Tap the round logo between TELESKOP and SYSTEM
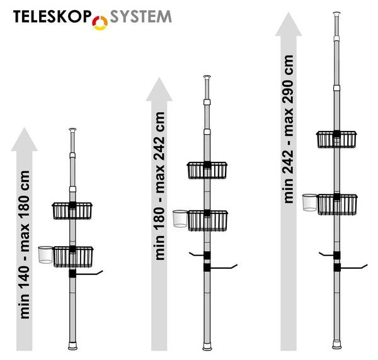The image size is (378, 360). (x=101, y=22)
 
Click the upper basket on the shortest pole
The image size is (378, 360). (x=72, y=211)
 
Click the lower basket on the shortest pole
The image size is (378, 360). (x=73, y=256)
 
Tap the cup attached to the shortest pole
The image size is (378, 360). (x=45, y=255)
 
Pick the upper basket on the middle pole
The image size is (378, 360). (x=207, y=170)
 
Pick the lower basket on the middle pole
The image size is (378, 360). (x=207, y=220)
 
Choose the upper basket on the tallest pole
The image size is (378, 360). (x=337, y=139)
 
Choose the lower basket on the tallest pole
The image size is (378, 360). (x=337, y=204)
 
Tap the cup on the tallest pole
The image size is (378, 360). (x=309, y=203)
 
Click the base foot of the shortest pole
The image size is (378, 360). (x=73, y=346)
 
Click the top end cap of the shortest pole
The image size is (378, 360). (x=73, y=130)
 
